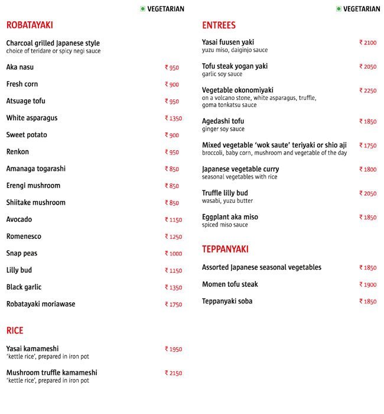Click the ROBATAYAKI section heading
[30, 25]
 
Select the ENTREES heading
[219, 25]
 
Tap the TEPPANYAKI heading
[225, 249]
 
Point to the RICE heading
[15, 330]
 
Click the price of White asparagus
[173, 118]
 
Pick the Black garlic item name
[24, 287]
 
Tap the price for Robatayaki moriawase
[173, 305]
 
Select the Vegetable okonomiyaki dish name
[237, 90]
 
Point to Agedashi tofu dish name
[223, 121]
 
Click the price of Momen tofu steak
[367, 285]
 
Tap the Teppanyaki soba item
[227, 302]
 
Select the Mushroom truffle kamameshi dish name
[51, 373]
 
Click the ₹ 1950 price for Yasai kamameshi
[173, 350]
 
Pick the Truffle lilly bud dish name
[224, 193]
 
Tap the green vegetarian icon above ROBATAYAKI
[143, 9]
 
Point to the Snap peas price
[173, 254]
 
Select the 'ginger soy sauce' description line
[223, 129]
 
